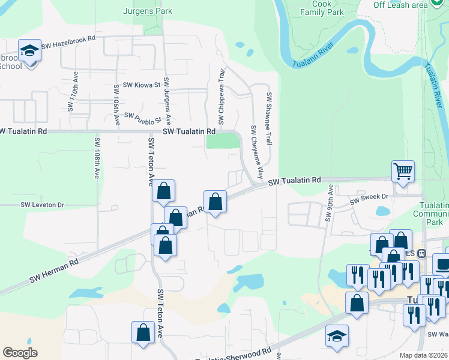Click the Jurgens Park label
[148, 11]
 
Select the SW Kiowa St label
[142, 86]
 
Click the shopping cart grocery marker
[403, 170]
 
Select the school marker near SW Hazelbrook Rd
[29, 50]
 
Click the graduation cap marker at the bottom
[337, 335]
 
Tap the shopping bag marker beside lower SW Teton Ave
[143, 333]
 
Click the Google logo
[20, 353]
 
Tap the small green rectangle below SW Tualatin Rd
[222, 140]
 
